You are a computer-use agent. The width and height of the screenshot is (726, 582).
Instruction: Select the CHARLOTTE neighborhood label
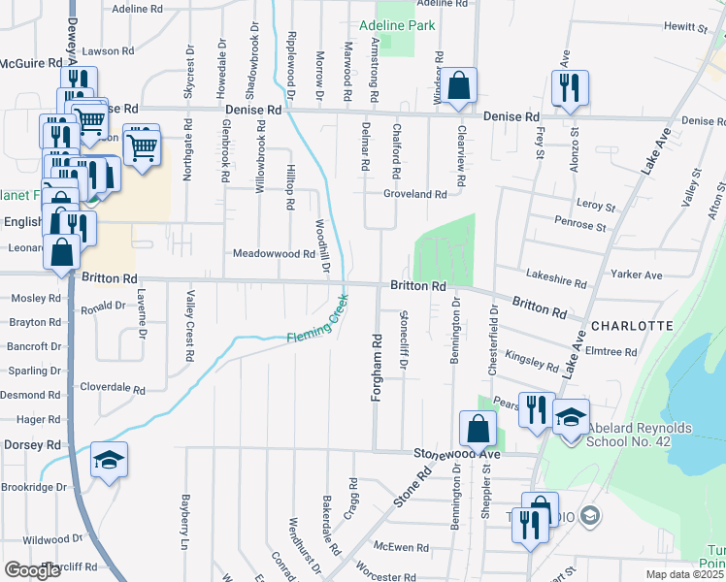(x=631, y=326)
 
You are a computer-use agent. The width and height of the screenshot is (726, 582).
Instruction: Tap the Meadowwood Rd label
(x=274, y=254)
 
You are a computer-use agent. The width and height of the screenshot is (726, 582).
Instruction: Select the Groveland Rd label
(x=414, y=194)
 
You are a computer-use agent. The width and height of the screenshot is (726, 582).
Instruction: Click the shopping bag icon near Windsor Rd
(x=461, y=85)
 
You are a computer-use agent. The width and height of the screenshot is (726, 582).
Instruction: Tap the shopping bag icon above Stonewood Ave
(x=478, y=428)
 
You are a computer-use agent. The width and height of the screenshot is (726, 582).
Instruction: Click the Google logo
(x=33, y=570)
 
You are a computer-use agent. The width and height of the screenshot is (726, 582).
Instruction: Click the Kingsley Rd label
(x=532, y=361)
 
